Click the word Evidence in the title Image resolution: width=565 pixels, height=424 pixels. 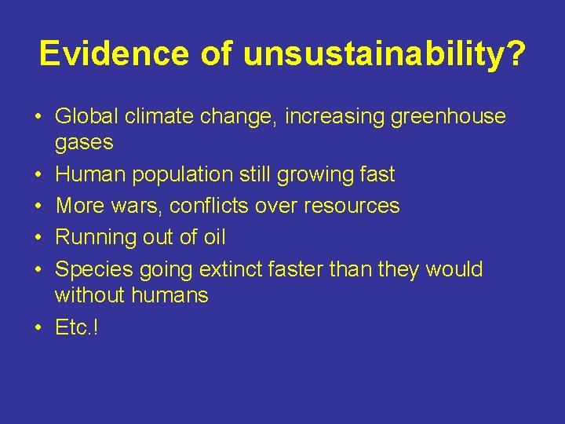(115, 53)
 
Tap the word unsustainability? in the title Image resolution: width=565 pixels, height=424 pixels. (385, 53)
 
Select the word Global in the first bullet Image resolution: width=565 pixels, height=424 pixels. (83, 117)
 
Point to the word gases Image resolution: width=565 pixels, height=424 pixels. (84, 143)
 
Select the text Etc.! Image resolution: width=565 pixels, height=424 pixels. (77, 327)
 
